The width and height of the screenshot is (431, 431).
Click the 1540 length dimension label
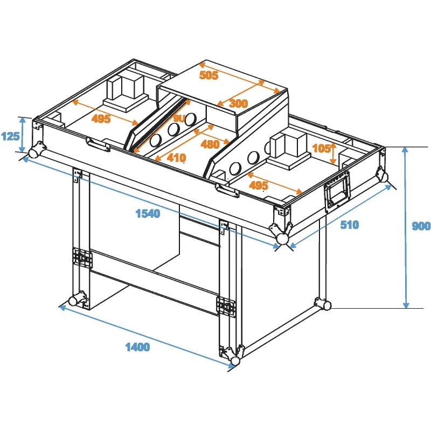(148, 213)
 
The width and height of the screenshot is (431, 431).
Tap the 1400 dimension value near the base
(137, 347)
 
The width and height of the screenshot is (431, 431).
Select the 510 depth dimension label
(349, 225)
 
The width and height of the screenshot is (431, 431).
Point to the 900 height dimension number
(420, 226)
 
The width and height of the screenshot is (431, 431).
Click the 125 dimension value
(10, 136)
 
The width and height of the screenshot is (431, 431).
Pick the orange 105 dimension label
(322, 149)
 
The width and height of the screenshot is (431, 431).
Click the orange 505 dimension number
(208, 75)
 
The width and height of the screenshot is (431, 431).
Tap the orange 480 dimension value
(210, 144)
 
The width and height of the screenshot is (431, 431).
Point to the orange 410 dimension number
(176, 158)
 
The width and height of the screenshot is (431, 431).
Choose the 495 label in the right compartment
(258, 185)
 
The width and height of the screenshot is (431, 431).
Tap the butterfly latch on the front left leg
(83, 258)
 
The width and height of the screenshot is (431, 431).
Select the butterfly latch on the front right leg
(226, 306)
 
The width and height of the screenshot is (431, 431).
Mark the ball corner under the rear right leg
(326, 305)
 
